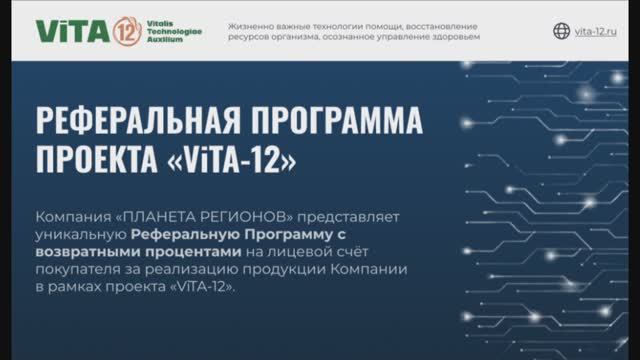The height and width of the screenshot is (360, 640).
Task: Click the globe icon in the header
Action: click(x=561, y=31)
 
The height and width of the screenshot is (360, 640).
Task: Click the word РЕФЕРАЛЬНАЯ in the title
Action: click(x=135, y=125)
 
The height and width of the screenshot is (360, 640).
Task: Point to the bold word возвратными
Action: click(x=85, y=252)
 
